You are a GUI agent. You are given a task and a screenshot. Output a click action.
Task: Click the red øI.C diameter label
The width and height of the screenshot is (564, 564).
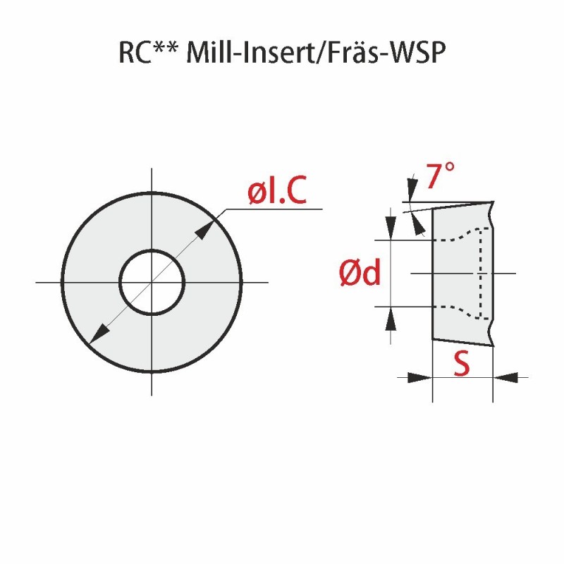277,191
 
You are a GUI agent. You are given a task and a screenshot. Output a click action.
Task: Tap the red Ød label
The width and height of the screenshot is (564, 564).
360,274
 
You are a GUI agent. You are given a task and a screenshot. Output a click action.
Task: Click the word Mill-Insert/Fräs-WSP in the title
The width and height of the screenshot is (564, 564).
317,54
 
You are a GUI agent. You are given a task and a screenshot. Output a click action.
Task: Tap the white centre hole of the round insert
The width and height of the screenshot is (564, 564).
152,283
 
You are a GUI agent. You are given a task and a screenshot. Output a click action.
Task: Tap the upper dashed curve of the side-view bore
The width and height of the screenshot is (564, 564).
458,235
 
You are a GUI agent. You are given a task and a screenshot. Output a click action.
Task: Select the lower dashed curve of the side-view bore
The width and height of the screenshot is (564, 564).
458,312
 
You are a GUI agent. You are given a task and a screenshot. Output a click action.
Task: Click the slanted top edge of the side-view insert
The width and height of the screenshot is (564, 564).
462,205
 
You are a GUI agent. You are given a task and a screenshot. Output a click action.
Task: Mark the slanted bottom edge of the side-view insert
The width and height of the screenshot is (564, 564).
462,343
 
